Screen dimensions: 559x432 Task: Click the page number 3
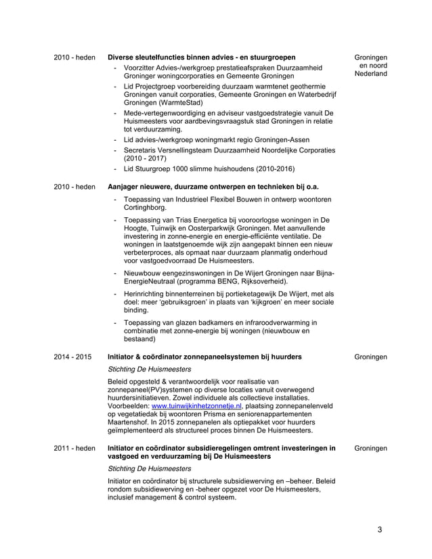(381, 529)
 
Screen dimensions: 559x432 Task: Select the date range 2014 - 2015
(73, 357)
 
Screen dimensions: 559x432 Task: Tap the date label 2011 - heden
(74, 448)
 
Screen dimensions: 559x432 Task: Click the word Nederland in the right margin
(371, 74)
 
